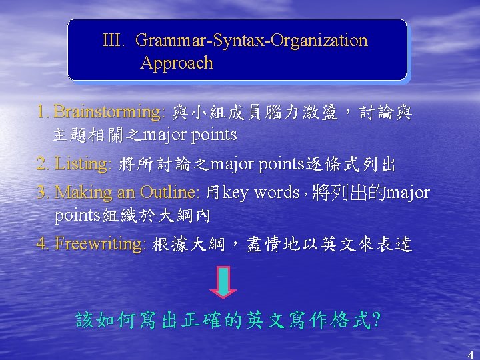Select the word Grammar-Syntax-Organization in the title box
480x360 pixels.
[x=251, y=41]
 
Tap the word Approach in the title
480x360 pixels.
[x=177, y=63]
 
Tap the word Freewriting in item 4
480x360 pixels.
[x=101, y=244]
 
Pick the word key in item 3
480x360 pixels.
[x=235, y=193]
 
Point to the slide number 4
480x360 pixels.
[x=471, y=354]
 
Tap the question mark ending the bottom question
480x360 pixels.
[x=377, y=321]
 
